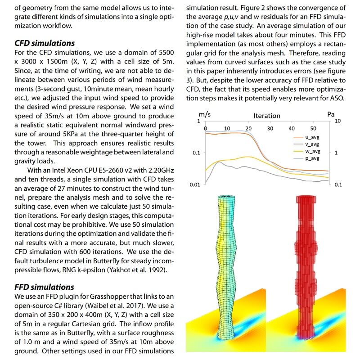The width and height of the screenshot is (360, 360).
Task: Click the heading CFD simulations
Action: (x=45, y=44)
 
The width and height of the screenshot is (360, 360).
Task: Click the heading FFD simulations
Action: (x=44, y=287)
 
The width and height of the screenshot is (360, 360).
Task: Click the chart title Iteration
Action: (x=267, y=116)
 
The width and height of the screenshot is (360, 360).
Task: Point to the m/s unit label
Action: (x=205, y=114)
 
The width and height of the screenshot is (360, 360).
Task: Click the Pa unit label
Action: (x=331, y=114)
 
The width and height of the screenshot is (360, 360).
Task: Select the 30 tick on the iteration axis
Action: (x=270, y=129)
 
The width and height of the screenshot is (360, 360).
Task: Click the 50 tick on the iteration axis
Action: (x=313, y=129)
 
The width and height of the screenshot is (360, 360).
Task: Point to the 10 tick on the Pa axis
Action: (x=338, y=121)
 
